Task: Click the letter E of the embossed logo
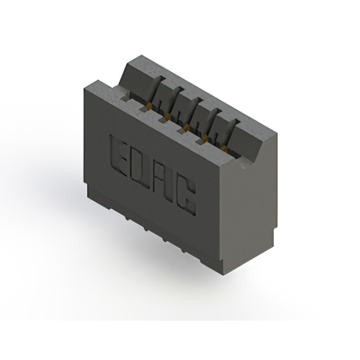[x=119, y=155]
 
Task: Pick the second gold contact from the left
[x=168, y=116]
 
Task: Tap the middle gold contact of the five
[x=187, y=127]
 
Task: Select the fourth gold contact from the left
[x=205, y=138]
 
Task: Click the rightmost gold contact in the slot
[x=224, y=149]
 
